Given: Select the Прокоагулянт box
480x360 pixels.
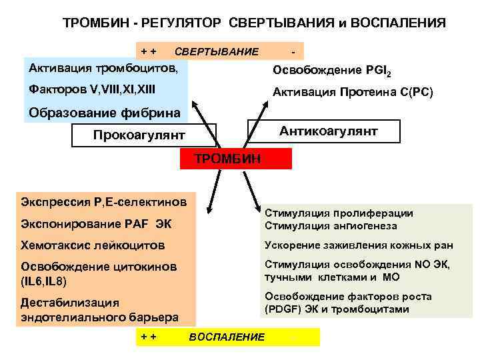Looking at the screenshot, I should (x=139, y=135).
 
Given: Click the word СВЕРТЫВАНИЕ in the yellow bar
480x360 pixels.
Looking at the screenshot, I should (x=217, y=51).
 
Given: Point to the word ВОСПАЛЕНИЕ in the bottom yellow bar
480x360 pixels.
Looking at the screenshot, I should (x=227, y=337).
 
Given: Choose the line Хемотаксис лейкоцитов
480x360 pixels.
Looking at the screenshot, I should (x=92, y=245).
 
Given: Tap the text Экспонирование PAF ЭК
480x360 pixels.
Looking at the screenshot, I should (x=96, y=223).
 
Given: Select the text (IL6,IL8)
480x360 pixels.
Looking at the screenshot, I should (x=44, y=281).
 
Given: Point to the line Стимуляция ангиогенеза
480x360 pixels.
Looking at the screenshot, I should (x=327, y=225).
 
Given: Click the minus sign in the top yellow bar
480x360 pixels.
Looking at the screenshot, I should (x=293, y=51).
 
